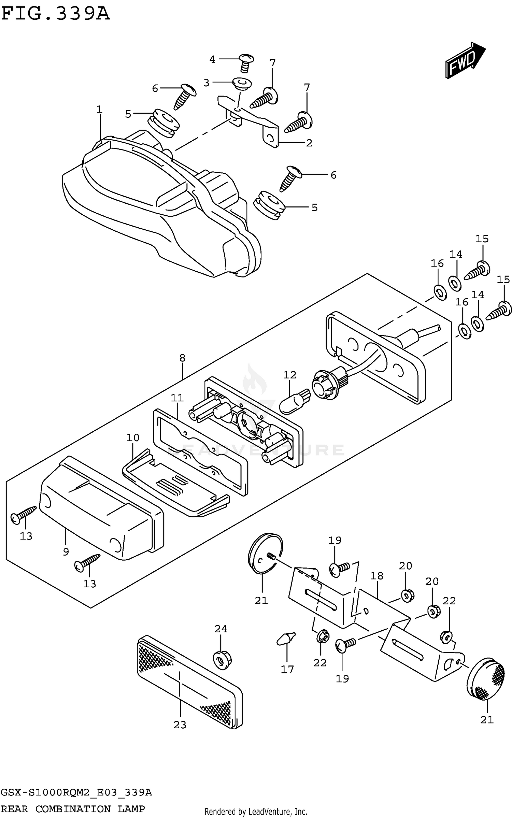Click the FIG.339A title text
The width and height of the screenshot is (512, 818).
pyautogui.click(x=56, y=14)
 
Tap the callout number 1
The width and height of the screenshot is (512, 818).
pyautogui.click(x=99, y=110)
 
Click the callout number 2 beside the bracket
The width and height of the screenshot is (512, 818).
pyautogui.click(x=309, y=143)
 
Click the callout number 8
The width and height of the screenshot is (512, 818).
pyautogui.click(x=182, y=358)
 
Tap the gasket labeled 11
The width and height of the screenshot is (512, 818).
pyautogui.click(x=201, y=451)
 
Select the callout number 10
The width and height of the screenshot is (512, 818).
pyautogui.click(x=133, y=437)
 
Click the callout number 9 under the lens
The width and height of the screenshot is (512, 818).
pyautogui.click(x=66, y=552)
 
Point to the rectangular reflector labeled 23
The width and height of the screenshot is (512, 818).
pyautogui.click(x=190, y=683)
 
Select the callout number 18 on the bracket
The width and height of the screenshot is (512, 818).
pyautogui.click(x=377, y=576)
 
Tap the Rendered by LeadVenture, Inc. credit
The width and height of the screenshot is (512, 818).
pyautogui.click(x=256, y=812)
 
